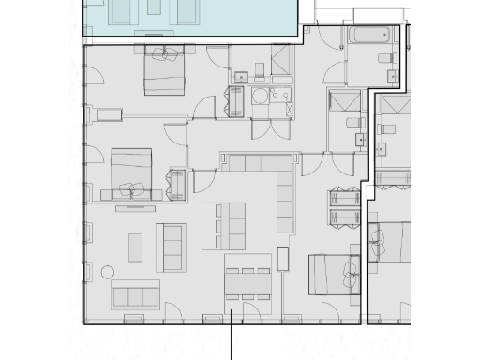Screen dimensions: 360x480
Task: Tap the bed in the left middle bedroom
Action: tap(132, 174)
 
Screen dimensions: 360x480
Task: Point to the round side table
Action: tap(108, 273)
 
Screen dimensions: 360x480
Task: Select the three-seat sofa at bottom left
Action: tap(136, 295)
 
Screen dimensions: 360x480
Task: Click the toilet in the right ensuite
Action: tap(352, 123)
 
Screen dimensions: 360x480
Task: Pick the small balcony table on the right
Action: tap(344, 207)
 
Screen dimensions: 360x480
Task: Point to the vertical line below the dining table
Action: tap(231, 342)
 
